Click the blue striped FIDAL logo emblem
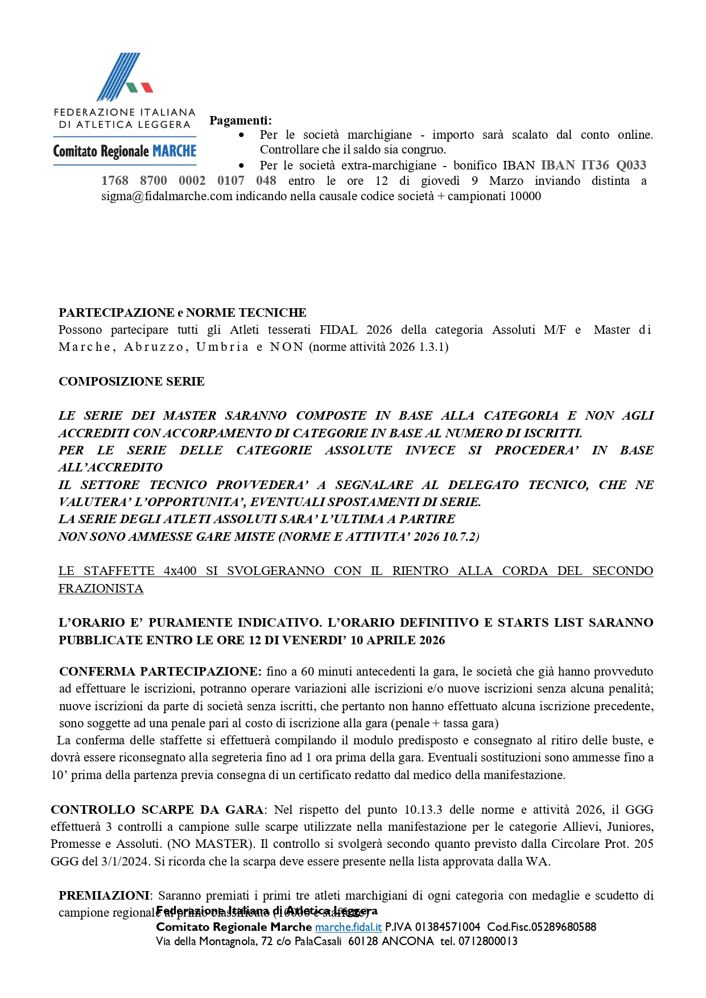tap(119, 77)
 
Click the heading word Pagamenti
tap(240, 121)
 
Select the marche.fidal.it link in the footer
tap(348, 927)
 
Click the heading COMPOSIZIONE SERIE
tap(131, 382)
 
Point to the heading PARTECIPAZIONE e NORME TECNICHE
tap(182, 313)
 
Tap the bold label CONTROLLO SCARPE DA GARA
tap(156, 810)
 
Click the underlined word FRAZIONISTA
tap(101, 589)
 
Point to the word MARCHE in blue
tap(175, 151)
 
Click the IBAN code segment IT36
tap(594, 165)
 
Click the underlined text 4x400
tap(180, 571)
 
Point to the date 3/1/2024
tap(126, 862)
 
